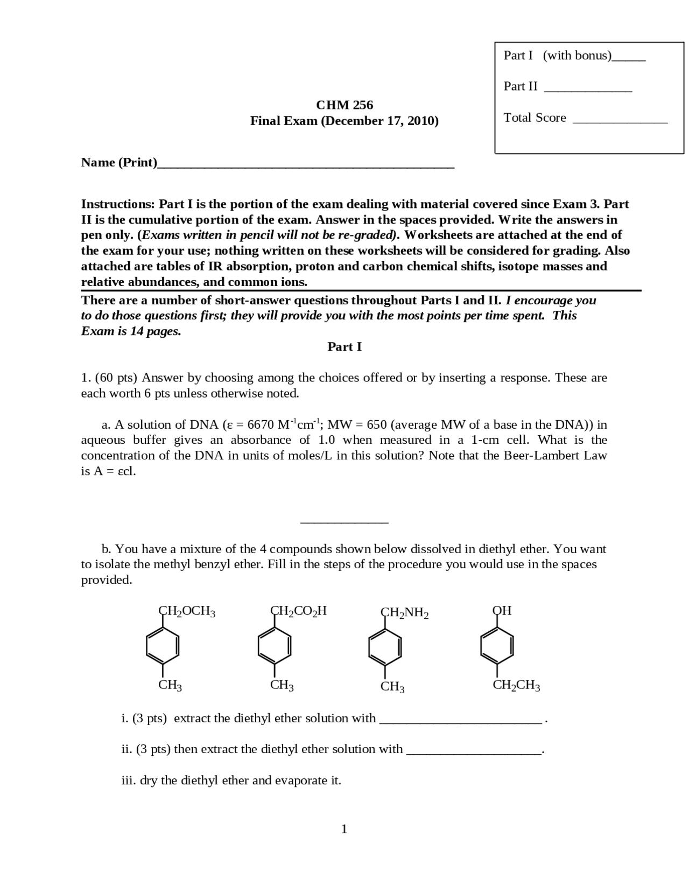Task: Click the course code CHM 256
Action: (x=344, y=105)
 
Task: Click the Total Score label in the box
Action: (x=535, y=118)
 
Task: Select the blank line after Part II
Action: (x=588, y=90)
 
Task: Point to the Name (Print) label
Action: (x=119, y=163)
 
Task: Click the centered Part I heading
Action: (x=344, y=347)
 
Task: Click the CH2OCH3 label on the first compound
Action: (x=187, y=611)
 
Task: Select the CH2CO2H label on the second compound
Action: (x=298, y=611)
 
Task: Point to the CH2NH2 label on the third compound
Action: (x=404, y=613)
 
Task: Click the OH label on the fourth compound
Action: (x=502, y=611)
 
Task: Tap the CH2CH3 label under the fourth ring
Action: (x=516, y=686)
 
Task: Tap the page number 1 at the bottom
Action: (x=344, y=829)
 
